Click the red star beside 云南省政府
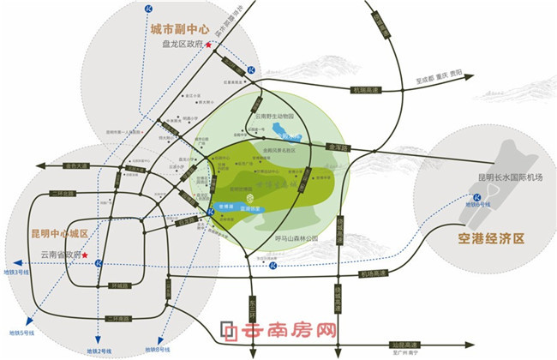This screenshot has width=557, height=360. click(x=85, y=255)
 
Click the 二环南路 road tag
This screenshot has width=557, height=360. click(x=118, y=319)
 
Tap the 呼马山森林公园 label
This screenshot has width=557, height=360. click(x=295, y=238)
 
